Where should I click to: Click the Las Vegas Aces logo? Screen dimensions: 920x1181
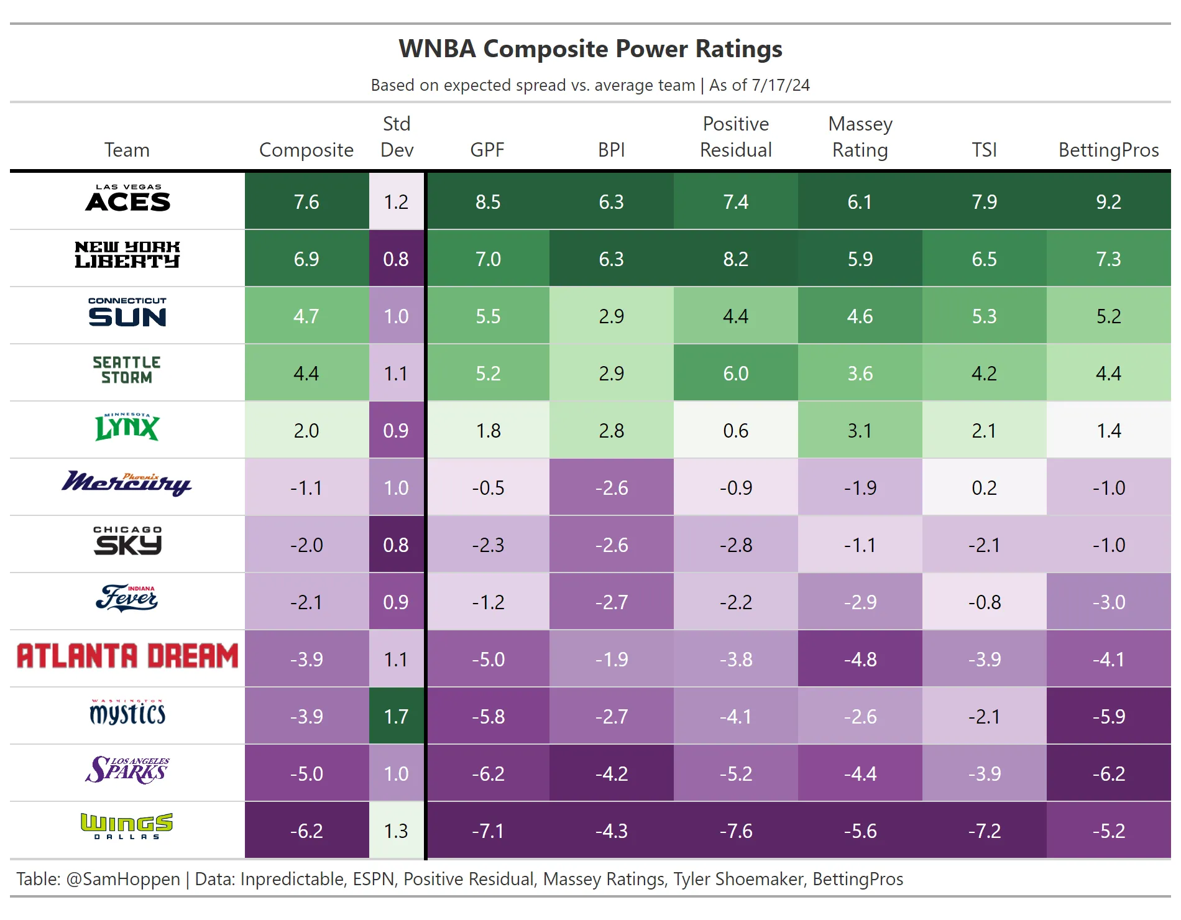[127, 199]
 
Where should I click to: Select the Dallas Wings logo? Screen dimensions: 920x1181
[127, 826]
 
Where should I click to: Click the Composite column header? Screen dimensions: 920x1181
[306, 150]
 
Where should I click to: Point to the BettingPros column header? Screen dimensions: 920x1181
[1108, 150]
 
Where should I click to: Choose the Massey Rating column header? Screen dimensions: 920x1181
[860, 137]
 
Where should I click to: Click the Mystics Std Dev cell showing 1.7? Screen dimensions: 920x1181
[396, 716]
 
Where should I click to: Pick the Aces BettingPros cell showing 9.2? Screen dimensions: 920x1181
[1108, 201]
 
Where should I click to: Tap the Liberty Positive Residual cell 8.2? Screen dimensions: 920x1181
[735, 259]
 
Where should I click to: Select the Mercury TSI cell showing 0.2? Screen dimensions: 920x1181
[984, 487]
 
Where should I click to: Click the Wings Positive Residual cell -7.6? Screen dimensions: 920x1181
[735, 830]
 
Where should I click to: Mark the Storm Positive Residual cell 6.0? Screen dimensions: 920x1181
[735, 373]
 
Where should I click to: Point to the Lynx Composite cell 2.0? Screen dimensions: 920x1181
[306, 430]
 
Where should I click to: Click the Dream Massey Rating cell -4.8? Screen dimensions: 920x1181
[860, 659]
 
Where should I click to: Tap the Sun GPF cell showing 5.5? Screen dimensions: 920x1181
[488, 316]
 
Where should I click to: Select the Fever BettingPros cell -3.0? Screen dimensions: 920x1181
[1108, 602]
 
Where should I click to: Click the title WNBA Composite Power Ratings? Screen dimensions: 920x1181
[590, 48]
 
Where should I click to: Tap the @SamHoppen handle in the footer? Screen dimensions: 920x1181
[122, 879]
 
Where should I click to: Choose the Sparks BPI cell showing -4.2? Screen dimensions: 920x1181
[611, 773]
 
